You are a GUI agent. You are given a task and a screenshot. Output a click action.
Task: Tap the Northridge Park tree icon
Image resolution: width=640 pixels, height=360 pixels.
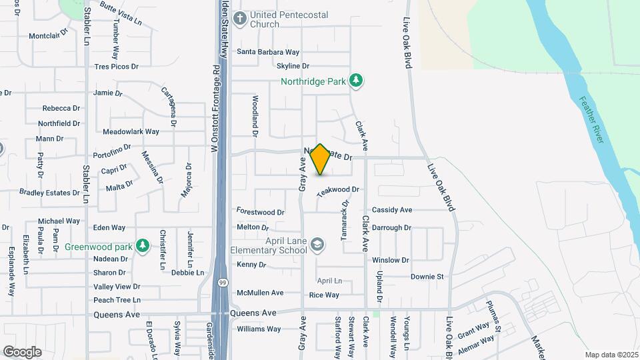click(357, 81)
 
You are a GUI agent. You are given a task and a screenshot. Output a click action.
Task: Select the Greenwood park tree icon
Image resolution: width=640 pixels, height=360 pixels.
click(142, 246)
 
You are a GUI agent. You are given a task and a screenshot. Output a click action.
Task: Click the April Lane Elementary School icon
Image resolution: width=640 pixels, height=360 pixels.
click(317, 245)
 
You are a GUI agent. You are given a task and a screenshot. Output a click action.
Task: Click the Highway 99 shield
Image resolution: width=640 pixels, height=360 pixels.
click(221, 283)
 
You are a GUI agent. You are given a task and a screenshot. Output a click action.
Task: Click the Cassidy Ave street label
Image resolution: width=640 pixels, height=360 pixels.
click(392, 210)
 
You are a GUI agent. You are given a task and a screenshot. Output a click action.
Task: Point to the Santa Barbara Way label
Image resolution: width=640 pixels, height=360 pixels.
click(268, 52)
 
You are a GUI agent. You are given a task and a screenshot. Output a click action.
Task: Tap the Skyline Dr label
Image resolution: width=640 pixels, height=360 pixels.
click(293, 66)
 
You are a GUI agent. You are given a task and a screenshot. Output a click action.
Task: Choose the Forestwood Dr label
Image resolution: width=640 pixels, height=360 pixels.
click(261, 213)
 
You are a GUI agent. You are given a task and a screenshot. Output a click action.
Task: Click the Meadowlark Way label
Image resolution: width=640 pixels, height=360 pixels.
click(131, 132)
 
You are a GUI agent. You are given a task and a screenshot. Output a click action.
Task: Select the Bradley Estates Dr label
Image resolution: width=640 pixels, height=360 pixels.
click(50, 193)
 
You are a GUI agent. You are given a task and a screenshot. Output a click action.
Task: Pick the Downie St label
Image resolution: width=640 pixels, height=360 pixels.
click(427, 277)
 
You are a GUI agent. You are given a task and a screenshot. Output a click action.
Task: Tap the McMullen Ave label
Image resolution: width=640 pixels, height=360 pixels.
click(261, 293)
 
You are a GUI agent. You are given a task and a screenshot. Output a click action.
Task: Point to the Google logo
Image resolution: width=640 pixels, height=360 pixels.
click(22, 352)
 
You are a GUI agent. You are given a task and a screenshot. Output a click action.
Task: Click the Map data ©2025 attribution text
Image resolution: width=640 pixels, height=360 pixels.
click(610, 355)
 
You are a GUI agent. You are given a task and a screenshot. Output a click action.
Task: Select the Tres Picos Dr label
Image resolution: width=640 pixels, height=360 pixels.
click(116, 67)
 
